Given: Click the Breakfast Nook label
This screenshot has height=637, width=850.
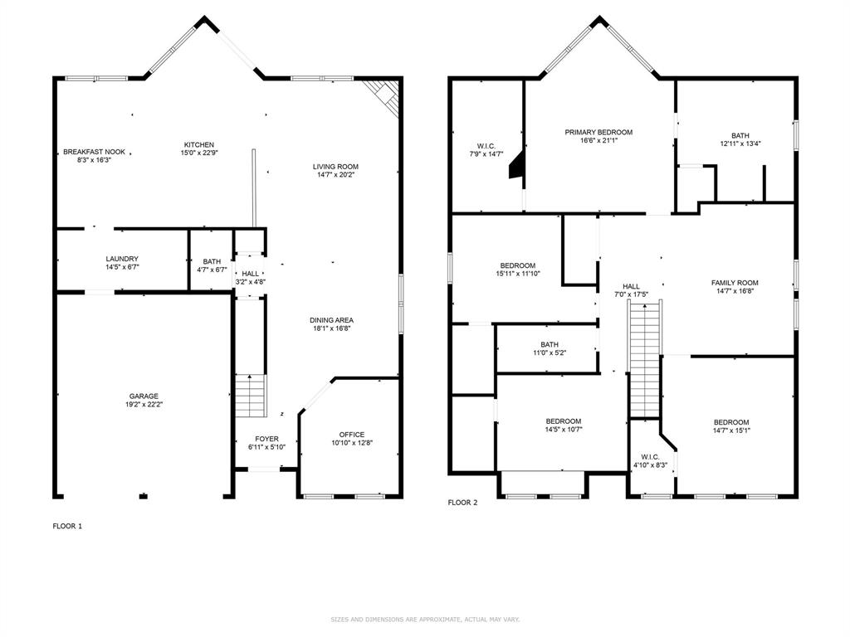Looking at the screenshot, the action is tap(95, 152).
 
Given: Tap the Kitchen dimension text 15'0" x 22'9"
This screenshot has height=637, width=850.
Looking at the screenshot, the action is tap(199, 153).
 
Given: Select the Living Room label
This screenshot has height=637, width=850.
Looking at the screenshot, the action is tap(335, 167).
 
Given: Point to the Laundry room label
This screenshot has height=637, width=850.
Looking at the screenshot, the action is tap(122, 259).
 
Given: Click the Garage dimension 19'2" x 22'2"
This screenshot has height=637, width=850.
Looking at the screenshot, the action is tap(144, 404).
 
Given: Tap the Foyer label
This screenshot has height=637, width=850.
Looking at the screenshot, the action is tap(266, 439).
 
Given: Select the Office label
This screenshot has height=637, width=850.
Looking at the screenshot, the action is tap(352, 435).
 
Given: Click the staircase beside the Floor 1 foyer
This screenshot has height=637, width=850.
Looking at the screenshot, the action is tap(251, 396).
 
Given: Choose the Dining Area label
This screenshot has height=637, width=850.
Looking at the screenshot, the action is tap(332, 320).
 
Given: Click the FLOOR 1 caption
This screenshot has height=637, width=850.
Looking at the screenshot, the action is tap(68, 526).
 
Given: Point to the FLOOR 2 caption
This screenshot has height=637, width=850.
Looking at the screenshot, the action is tap(463, 503).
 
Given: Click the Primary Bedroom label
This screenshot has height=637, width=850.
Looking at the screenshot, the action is tap(598, 132).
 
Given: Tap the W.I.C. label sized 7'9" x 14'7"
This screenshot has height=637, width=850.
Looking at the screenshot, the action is tap(486, 146).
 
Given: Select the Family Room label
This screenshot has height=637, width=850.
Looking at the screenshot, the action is tap(735, 283).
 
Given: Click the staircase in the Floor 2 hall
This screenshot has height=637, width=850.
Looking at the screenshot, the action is tap(644, 360).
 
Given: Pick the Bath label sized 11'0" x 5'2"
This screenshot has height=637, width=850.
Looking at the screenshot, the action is tap(550, 344).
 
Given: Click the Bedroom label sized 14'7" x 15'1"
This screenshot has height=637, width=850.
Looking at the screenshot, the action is tap(731, 422).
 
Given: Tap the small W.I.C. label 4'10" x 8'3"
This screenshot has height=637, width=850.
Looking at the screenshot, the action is tap(650, 457).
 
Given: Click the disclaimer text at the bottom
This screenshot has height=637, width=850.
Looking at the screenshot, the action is tap(425, 619).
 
